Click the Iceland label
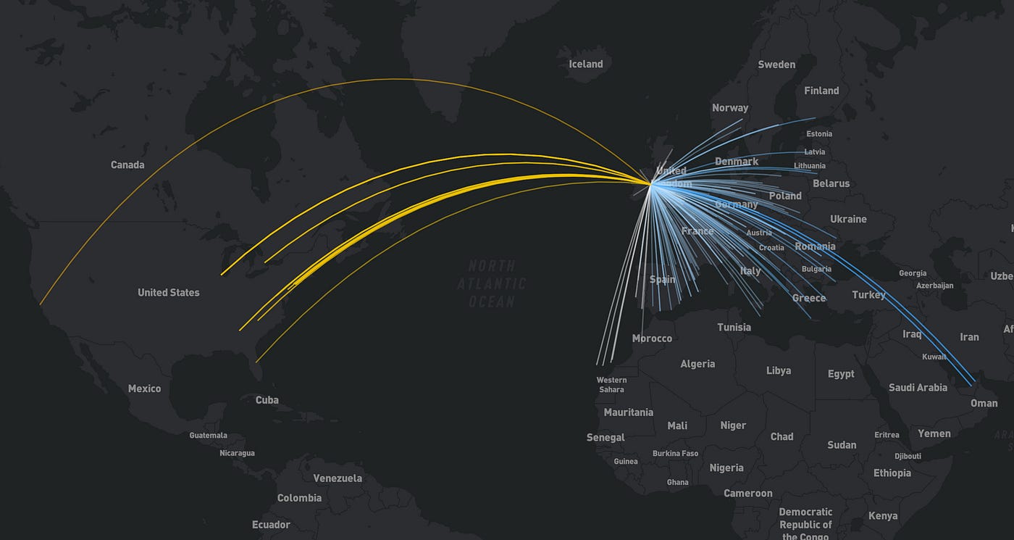(585, 64)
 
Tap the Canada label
(127, 165)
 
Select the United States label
(168, 292)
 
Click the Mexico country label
(144, 389)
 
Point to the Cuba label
(267, 399)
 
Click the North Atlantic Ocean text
(492, 284)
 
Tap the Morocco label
(652, 338)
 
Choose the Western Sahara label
(611, 385)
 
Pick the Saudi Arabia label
(918, 387)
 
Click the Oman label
(984, 403)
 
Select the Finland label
(821, 91)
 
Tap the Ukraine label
(848, 219)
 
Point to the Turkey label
(868, 294)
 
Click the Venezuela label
(338, 478)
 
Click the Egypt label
(841, 374)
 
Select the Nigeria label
(726, 468)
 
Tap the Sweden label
(776, 65)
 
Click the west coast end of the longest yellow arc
(41, 304)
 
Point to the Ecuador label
(271, 524)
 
